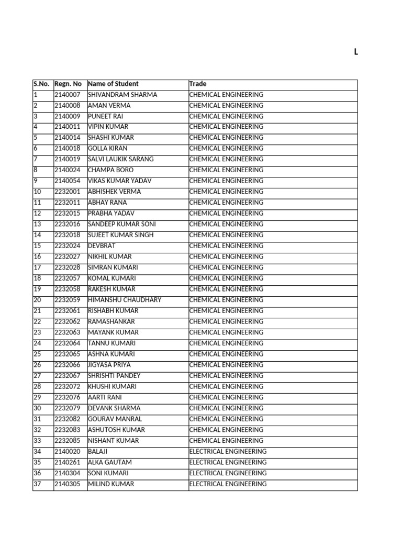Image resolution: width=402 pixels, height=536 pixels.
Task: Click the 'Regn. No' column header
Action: [x=68, y=84]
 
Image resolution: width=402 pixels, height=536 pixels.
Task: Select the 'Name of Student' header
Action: [x=113, y=84]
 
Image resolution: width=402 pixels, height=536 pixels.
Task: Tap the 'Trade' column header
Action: [x=198, y=84]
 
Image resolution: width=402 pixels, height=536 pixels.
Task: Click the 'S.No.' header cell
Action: [x=41, y=84]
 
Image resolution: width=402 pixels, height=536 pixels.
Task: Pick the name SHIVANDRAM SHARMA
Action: [x=122, y=95]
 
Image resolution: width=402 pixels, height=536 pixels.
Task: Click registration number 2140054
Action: [x=68, y=181]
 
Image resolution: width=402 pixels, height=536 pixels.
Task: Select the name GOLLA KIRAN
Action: [x=107, y=149]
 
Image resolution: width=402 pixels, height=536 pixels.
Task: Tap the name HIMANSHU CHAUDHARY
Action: [x=125, y=300]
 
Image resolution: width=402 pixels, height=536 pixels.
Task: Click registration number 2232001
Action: [x=68, y=192]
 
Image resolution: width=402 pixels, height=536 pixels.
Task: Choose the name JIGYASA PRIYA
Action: [x=109, y=365]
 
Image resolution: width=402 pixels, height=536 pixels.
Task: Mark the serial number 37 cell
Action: [x=37, y=484]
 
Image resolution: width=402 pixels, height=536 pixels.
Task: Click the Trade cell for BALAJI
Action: [x=228, y=451]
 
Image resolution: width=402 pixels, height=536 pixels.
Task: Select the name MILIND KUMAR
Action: [x=111, y=484]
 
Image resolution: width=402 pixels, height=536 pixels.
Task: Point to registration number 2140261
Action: [x=68, y=462]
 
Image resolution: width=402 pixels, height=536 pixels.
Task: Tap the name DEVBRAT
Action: [x=102, y=245]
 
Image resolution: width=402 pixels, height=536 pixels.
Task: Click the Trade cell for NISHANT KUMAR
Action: [x=226, y=441]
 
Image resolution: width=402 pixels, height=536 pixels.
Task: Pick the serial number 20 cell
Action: [x=37, y=300]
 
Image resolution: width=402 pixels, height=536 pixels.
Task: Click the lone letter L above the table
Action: [x=356, y=52]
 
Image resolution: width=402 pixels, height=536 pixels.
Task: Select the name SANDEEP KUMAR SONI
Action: [x=121, y=224]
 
